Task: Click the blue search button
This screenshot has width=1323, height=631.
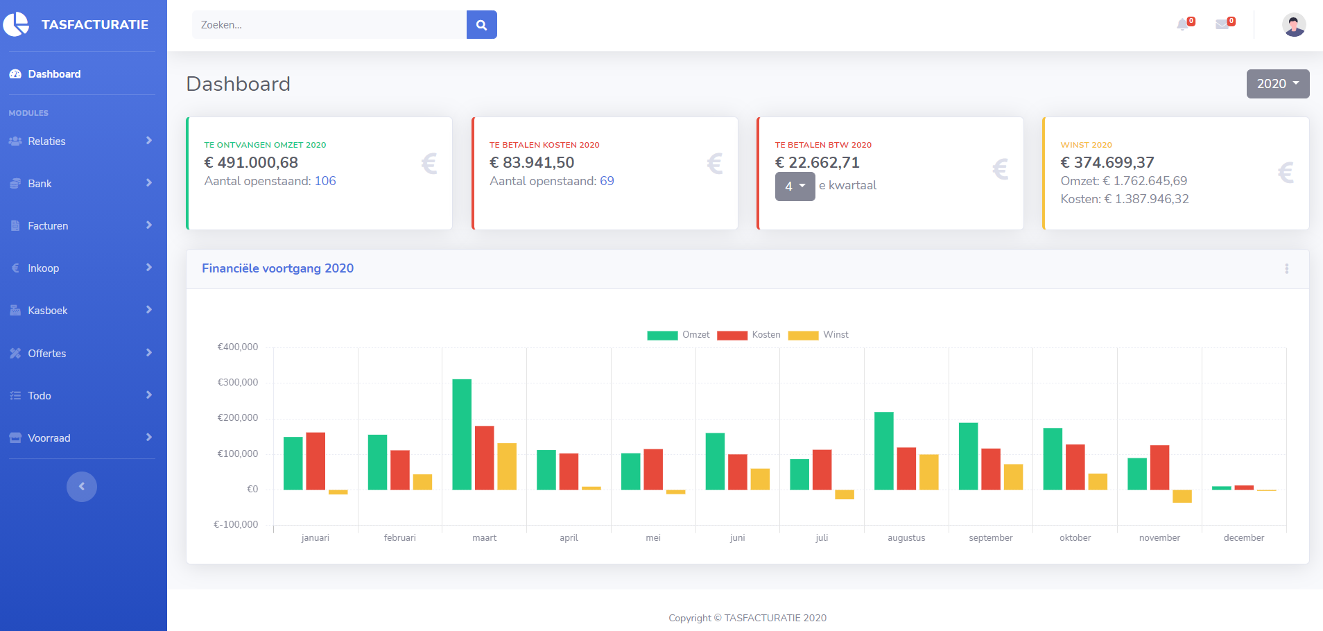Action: (481, 25)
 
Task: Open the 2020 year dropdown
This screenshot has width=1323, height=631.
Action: (1277, 84)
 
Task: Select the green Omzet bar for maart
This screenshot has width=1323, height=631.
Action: (462, 434)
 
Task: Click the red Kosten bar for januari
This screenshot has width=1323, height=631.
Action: (315, 461)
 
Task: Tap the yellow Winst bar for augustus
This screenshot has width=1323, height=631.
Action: (928, 472)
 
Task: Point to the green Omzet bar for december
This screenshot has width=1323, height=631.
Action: (1221, 488)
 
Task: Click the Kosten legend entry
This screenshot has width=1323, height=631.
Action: (748, 335)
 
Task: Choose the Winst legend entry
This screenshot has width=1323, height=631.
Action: (818, 335)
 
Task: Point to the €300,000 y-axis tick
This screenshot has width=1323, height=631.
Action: (238, 382)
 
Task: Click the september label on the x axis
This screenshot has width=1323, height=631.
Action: (990, 537)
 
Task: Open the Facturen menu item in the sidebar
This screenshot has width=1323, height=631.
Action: (48, 226)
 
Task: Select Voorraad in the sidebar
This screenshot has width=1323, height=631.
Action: (49, 438)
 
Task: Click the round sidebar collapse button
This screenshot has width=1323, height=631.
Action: (82, 487)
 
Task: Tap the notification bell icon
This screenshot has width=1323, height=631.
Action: (1183, 25)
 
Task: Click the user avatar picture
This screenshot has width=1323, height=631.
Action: (1293, 25)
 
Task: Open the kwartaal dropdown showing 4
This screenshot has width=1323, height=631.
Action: (795, 187)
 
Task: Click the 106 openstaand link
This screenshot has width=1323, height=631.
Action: (325, 181)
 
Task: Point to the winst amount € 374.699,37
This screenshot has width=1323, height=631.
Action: (1107, 162)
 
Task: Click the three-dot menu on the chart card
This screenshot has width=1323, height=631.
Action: (1286, 269)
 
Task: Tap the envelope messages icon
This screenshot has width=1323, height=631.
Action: (1222, 25)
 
